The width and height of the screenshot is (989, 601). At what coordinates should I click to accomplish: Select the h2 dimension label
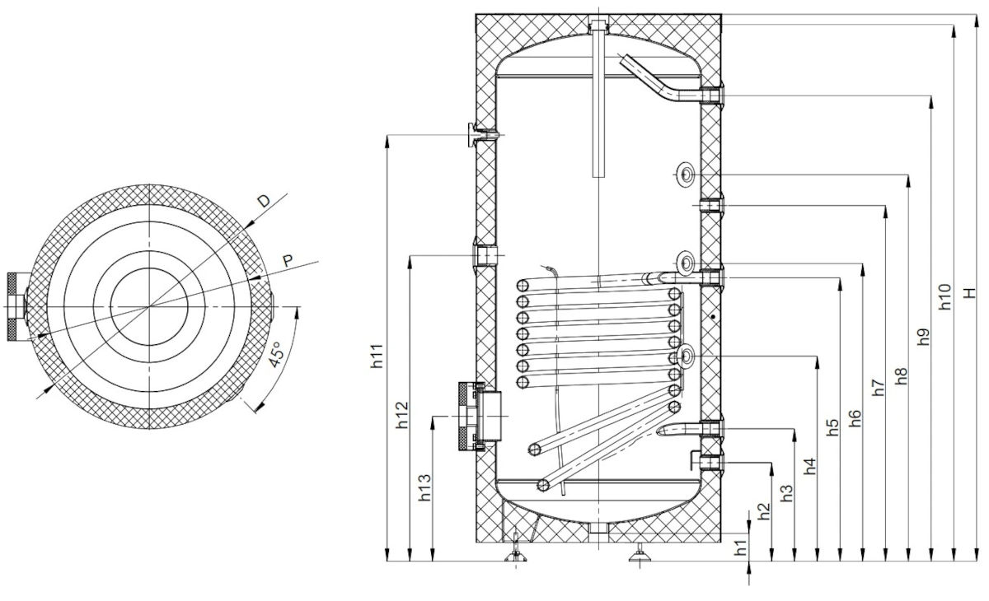click(x=764, y=511)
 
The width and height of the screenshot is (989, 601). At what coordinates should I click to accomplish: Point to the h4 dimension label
click(x=810, y=466)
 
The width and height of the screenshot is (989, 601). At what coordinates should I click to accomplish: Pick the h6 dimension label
click(x=855, y=417)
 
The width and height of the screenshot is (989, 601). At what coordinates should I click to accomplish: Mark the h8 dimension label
click(x=902, y=375)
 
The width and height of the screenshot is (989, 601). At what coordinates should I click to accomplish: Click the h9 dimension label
click(x=925, y=336)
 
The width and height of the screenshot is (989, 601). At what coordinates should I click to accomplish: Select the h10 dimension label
click(x=947, y=297)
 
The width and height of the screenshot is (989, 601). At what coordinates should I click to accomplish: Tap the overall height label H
click(x=970, y=292)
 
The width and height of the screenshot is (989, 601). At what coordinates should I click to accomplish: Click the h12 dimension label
click(x=401, y=414)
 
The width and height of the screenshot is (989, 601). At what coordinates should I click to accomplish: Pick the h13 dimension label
click(x=424, y=488)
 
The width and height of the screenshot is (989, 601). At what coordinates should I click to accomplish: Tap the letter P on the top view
click(x=287, y=260)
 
